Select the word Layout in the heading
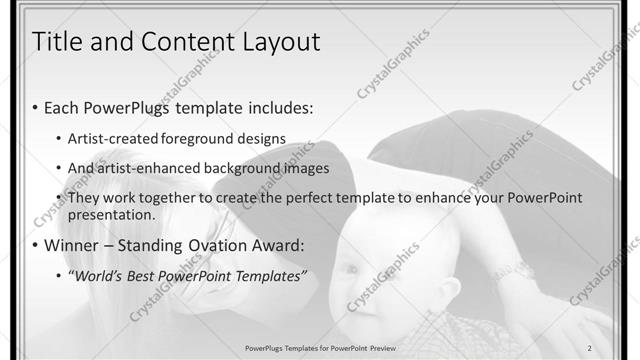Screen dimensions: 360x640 point(275,42)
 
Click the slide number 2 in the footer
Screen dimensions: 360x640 point(590,347)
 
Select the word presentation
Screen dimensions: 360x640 point(111,214)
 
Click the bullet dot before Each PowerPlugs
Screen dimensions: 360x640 point(36,108)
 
